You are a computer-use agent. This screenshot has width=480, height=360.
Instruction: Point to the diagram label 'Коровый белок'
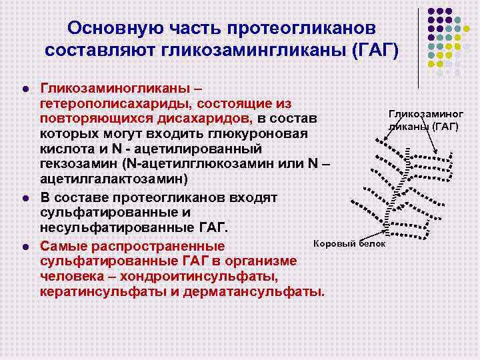coord(349,243)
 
